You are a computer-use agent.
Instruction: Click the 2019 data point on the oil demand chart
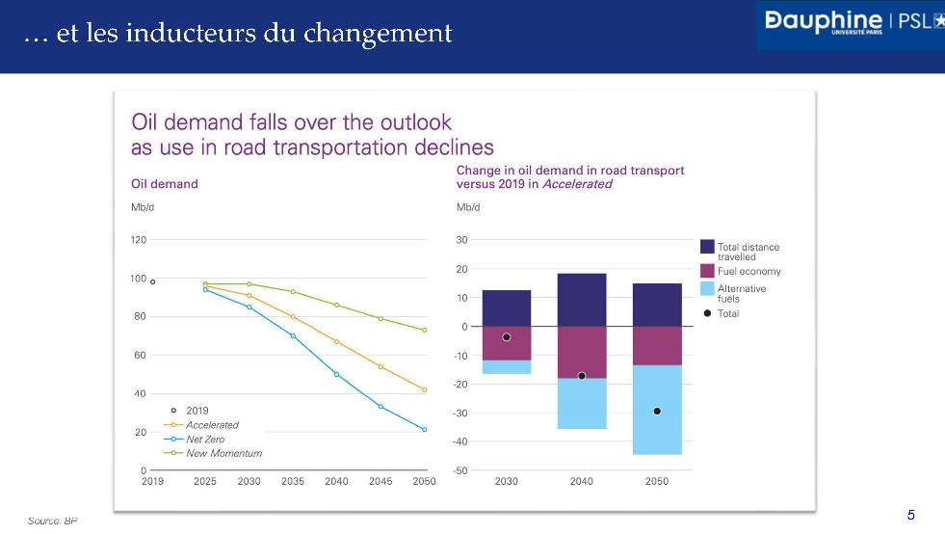[152, 281]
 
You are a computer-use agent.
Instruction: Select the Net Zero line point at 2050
[424, 430]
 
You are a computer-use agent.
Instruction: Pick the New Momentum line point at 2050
[424, 330]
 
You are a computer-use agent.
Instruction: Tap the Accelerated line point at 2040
[336, 341]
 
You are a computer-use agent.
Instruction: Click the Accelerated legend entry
[211, 424]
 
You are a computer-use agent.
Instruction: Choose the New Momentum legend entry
[223, 452]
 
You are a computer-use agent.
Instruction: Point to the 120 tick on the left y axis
[139, 240]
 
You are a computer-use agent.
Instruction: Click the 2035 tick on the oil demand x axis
[293, 481]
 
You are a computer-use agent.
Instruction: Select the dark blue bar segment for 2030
[507, 308]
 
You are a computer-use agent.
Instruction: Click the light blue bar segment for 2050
[657, 410]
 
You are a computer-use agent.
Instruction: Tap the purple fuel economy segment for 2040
[582, 352]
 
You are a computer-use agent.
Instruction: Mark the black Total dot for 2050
[657, 411]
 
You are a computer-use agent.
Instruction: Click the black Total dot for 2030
[507, 337]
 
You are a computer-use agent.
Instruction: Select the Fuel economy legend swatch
[707, 271]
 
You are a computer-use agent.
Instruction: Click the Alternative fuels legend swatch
[707, 288]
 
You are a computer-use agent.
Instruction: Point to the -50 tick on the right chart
[462, 470]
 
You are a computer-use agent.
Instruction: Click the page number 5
[911, 515]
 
